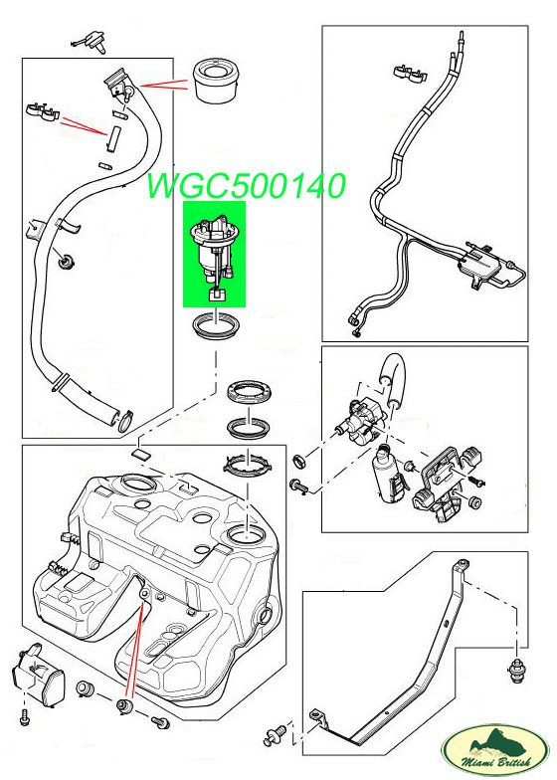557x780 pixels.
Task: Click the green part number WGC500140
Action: [247, 186]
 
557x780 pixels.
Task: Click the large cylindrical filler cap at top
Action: [216, 81]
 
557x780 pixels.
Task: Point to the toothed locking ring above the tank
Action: [249, 466]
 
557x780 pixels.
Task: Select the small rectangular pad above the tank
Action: [140, 454]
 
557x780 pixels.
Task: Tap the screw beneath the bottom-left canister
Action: [24, 716]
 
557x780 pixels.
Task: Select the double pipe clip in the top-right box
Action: [411, 72]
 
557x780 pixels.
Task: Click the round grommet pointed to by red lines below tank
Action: [125, 704]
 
